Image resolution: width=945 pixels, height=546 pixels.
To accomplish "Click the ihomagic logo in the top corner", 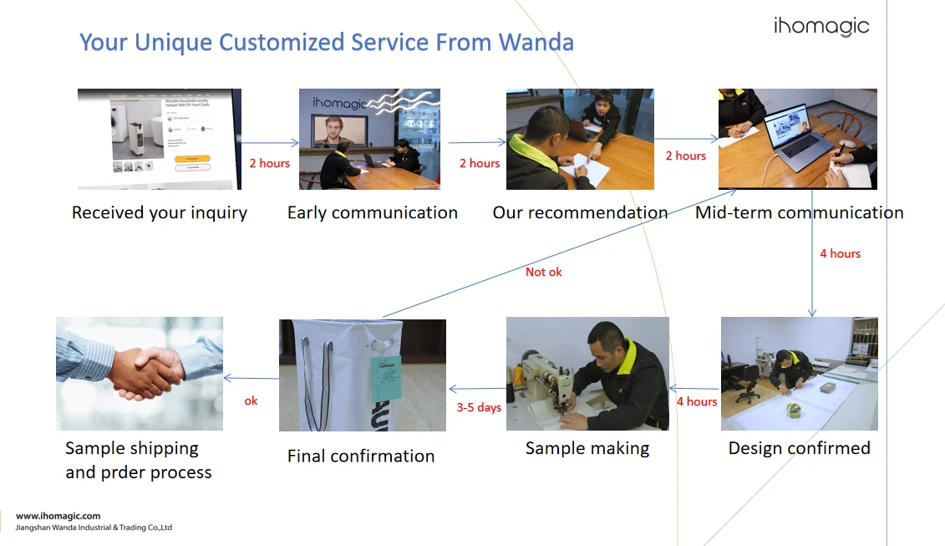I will pos(821,27).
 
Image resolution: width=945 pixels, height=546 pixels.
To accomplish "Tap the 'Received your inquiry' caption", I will pos(160,212).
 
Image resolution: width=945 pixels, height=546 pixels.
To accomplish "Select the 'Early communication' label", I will pos(372,212).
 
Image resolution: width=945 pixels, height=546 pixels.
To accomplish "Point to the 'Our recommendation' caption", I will pos(580,212).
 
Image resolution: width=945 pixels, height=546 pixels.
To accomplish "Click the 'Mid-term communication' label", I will pos(799,212).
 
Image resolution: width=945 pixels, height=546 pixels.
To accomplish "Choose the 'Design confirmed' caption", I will pos(799,448).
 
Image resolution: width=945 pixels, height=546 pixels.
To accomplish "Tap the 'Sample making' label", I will pos(587,448).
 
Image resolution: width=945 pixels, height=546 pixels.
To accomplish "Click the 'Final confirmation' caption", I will pos(361,456).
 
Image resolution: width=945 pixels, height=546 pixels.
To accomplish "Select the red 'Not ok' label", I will pos(544,272).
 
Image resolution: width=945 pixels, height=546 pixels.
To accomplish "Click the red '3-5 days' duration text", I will pos(479,407).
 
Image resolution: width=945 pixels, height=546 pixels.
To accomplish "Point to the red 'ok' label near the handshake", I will pos(251,401).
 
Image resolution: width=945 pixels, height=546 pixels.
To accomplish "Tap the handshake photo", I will pos(140,373).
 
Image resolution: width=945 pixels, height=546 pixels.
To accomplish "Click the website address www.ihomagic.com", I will pos(58,516).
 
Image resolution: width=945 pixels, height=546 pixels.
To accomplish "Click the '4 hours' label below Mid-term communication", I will pos(840,253).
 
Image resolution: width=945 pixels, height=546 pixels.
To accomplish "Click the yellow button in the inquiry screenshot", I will pos(192,158).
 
